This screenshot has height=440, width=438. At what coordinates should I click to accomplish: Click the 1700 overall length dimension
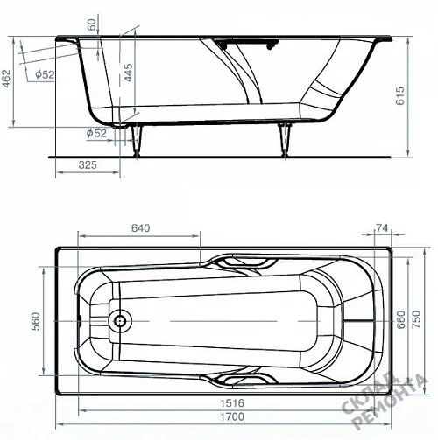click(232, 416)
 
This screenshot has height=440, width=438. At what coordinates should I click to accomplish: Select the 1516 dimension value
click(232, 403)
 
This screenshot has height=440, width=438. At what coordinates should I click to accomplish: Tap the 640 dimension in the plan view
click(140, 227)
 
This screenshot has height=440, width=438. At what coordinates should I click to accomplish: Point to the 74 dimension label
click(382, 227)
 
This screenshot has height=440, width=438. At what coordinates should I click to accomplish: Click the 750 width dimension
click(417, 319)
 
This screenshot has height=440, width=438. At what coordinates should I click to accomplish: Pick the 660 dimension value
click(401, 320)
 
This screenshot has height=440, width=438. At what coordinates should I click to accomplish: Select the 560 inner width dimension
click(36, 321)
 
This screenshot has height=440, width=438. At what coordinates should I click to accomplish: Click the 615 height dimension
click(400, 95)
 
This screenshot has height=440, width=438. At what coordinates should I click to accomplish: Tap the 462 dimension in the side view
click(6, 78)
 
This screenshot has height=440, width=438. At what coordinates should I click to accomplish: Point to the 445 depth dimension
click(128, 73)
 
